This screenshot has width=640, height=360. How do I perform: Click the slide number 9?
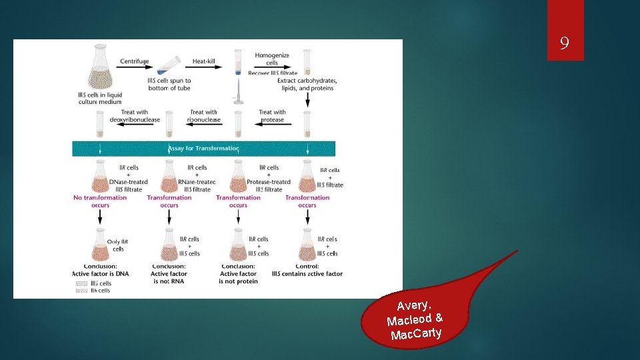tap(565, 45)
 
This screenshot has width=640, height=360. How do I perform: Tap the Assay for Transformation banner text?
tap(204, 148)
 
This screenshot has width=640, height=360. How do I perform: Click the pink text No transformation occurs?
tap(100, 201)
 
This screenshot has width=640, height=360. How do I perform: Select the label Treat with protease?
tap(272, 116)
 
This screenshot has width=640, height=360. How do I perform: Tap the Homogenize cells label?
tap(272, 59)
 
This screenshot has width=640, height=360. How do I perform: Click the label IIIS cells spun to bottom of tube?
tap(169, 84)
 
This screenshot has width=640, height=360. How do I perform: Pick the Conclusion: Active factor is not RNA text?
tap(169, 273)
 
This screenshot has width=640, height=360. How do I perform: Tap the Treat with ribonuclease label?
tap(203, 116)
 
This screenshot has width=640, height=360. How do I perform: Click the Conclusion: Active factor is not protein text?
tap(238, 273)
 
